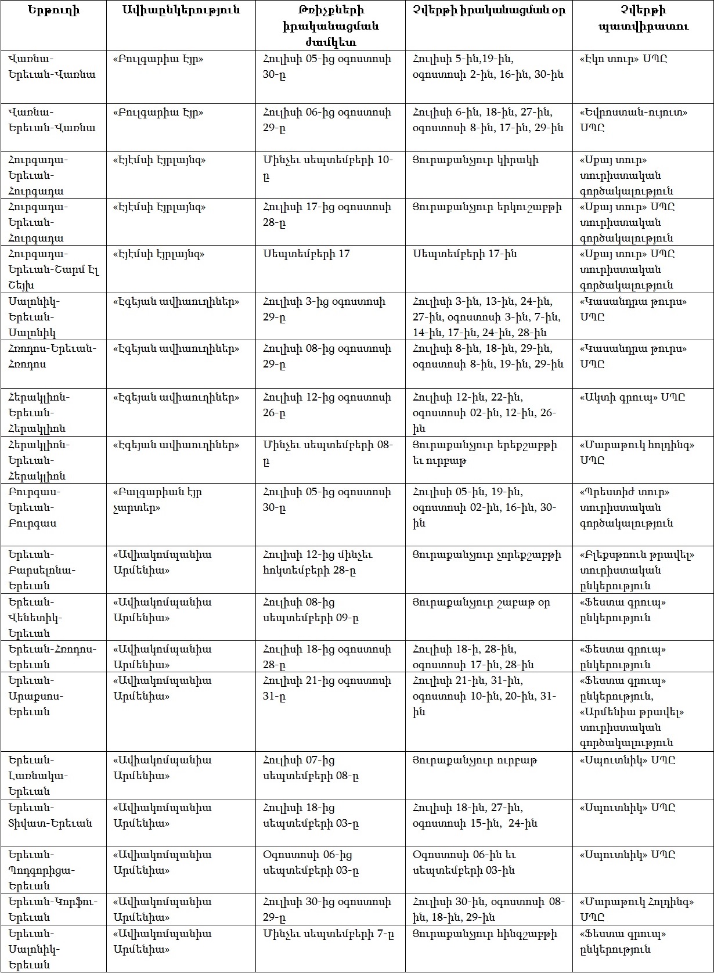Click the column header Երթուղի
click(53, 10)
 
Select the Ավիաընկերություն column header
click(181, 10)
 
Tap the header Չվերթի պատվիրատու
click(643, 18)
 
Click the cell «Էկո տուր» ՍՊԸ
click(623, 59)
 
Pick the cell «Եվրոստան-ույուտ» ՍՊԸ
click(633, 120)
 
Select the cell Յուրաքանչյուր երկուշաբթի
click(487, 207)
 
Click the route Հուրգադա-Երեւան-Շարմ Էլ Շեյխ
click(53, 269)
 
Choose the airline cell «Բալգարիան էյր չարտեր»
click(157, 499)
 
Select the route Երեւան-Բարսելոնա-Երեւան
click(42, 570)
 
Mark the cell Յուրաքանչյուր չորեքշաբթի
click(486, 554)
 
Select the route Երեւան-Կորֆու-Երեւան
click(53, 909)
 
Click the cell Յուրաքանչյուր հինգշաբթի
click(485, 934)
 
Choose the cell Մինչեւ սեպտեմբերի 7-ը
click(329, 934)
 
